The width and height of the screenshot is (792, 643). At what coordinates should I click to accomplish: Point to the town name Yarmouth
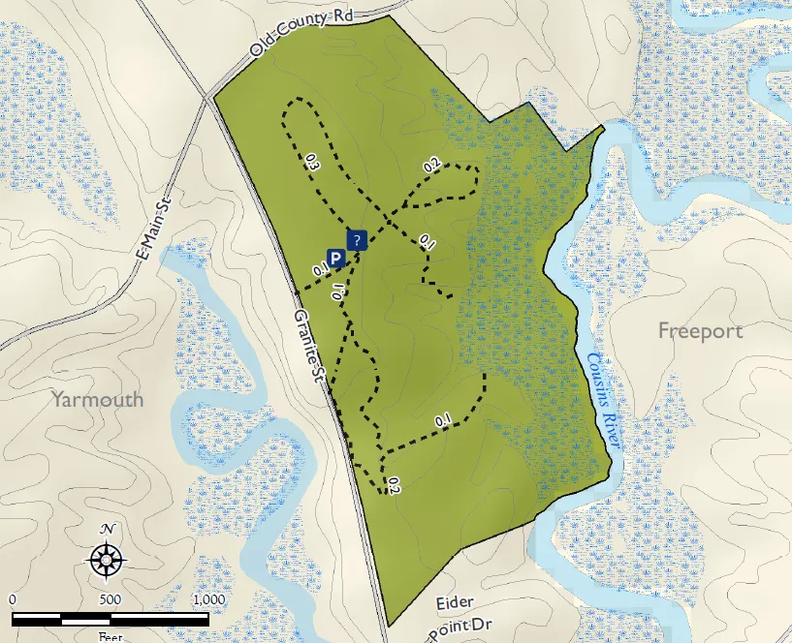97,399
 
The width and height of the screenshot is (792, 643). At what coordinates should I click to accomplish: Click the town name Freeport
700,330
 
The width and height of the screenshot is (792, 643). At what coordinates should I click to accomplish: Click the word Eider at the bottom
456,603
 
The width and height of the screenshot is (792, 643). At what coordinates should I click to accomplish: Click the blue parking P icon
335,259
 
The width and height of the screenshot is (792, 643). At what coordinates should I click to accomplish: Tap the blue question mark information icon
357,240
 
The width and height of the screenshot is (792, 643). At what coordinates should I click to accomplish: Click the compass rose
108,559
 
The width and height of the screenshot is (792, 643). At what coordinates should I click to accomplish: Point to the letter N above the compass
109,529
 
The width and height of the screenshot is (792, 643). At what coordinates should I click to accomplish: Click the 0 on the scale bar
13,598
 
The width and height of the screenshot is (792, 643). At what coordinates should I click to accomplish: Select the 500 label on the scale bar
110,598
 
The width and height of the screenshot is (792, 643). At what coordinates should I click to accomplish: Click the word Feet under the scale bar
110,637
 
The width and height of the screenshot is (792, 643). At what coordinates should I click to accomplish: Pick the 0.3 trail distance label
311,163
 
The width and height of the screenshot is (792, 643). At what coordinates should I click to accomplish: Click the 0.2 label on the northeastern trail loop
432,166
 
